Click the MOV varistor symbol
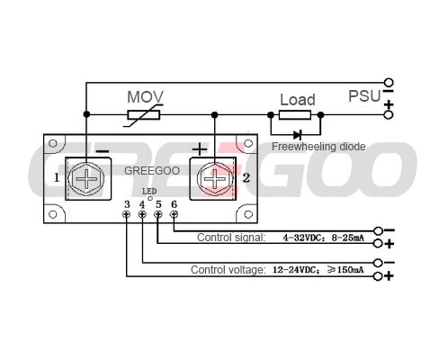[144, 115]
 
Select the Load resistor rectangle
[295, 115]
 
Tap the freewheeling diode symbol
[298, 135]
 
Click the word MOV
[145, 97]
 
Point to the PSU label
[364, 96]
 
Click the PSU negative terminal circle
[389, 82]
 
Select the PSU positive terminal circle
[389, 115]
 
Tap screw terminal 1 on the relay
[86, 179]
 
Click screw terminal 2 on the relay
[215, 179]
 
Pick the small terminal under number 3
[127, 214]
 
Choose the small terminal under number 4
[142, 214]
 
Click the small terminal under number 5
[158, 214]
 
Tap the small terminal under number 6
[174, 214]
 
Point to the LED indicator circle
[150, 198]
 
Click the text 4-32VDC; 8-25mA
[324, 238]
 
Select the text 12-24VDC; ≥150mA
[318, 270]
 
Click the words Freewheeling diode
[318, 147]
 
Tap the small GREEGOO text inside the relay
[152, 171]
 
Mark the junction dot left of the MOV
[86, 114]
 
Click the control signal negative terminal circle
[379, 230]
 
